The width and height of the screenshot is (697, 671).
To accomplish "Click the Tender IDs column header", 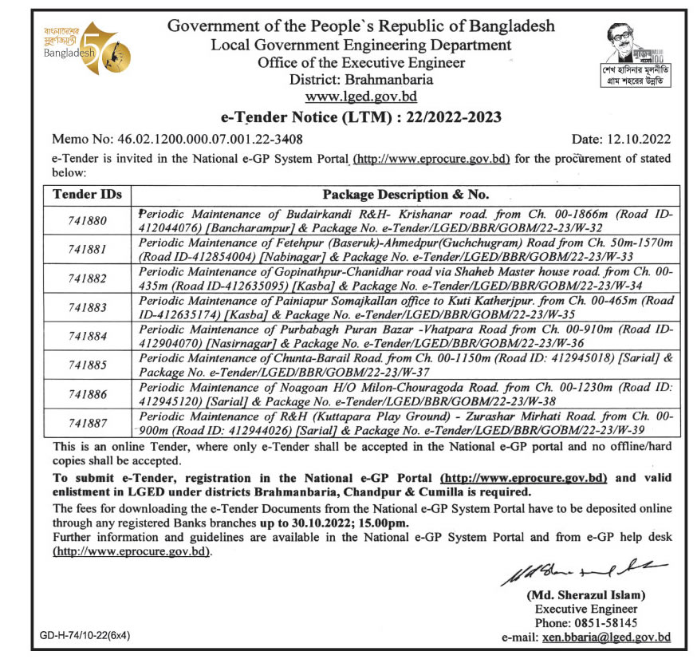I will click(x=86, y=195).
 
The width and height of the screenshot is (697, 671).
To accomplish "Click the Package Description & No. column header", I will click(x=405, y=195).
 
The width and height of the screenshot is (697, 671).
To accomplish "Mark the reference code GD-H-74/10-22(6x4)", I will click(x=85, y=636).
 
